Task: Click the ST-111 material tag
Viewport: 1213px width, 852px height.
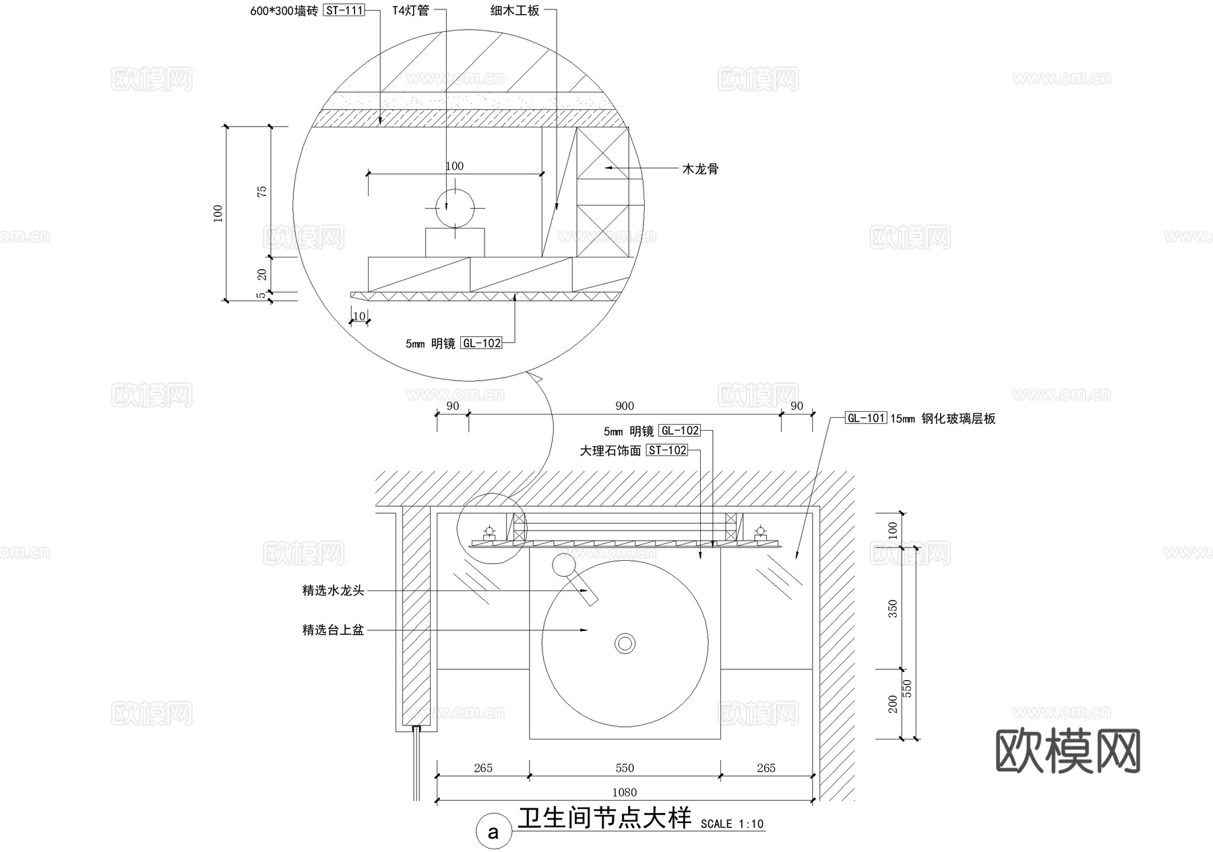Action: pos(344,11)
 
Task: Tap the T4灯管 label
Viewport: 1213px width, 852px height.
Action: pos(410,11)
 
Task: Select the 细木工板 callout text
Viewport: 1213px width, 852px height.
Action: pos(515,11)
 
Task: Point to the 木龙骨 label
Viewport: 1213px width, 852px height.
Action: pos(700,169)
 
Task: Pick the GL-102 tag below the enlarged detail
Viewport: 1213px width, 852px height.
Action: pos(482,343)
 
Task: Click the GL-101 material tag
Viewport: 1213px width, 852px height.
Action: pos(866,418)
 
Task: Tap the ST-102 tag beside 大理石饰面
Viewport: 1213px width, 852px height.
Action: pos(667,450)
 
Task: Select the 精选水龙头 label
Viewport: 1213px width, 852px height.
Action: pos(334,591)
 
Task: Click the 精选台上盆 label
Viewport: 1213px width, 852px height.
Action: pos(334,630)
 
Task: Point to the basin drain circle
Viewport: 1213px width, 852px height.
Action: pos(625,643)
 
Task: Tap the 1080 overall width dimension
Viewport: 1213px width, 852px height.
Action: pos(625,792)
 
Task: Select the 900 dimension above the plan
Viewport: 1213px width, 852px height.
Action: pos(625,406)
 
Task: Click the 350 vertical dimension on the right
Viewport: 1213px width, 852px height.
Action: pos(894,609)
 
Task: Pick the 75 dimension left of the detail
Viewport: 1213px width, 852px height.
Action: pos(263,191)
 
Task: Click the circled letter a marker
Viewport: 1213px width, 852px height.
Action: pos(493,832)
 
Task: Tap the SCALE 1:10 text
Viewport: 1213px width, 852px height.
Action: pos(732,824)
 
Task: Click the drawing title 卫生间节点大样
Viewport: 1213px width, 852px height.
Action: pos(604,818)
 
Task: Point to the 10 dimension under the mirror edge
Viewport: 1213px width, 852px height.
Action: pos(359,316)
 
